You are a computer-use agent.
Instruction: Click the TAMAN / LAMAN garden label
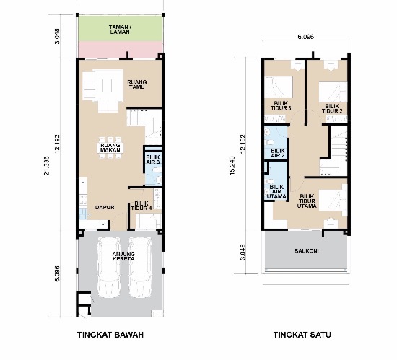point(120,30)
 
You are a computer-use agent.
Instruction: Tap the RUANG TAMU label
point(137,84)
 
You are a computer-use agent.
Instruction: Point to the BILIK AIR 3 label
point(153,159)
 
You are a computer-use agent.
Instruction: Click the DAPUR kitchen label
point(105,208)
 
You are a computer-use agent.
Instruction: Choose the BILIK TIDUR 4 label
point(141,206)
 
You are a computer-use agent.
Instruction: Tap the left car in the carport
point(109,267)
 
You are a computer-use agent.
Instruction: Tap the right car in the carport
point(140,267)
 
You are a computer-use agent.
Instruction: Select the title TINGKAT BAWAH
point(110,335)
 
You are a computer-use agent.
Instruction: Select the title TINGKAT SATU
point(302,335)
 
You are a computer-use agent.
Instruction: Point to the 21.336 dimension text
point(46,166)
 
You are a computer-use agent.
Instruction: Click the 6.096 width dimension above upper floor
point(305,37)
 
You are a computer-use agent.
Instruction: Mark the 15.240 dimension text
point(232,166)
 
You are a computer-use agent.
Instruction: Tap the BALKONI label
point(306,251)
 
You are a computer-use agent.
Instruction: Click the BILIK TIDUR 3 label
point(281,106)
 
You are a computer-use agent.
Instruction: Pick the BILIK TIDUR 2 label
point(332,108)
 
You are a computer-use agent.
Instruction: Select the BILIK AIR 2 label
point(278,153)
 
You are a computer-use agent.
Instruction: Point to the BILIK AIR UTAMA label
point(276,191)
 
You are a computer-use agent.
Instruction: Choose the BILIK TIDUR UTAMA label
point(307,201)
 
